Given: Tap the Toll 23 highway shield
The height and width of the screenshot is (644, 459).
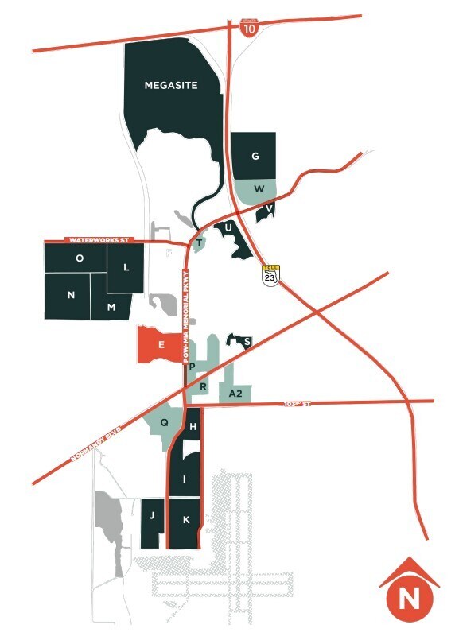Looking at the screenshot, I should tap(271, 275).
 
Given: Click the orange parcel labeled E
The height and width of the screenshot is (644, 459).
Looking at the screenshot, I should tap(160, 345).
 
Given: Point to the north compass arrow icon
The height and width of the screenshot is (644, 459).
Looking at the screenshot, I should tap(410, 589).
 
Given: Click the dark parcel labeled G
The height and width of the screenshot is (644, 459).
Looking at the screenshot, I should tap(255, 156).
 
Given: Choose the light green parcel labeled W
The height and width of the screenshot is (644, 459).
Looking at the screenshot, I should tap(258, 189).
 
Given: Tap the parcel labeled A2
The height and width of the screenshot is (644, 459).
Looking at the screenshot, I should tap(235, 394).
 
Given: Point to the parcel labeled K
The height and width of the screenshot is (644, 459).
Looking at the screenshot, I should tap(185, 521).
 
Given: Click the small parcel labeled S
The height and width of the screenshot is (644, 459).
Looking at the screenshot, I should tap(246, 342).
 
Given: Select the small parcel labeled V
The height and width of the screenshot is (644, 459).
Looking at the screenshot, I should tap(268, 210).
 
